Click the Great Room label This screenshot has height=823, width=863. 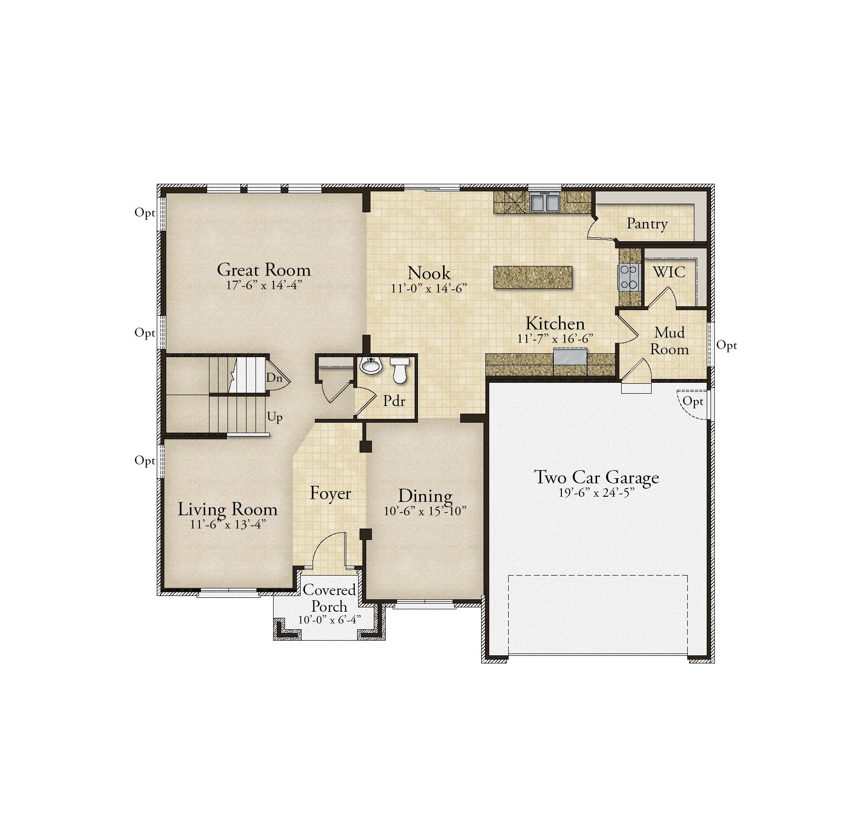pos(264,270)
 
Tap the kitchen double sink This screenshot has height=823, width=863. pos(544,202)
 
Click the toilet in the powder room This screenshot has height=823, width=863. pos(399,370)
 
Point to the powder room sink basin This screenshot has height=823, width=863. pos(370,366)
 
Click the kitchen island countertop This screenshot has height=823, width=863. pos(533,277)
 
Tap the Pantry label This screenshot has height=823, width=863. pos(647,223)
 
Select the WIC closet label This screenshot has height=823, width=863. pos(669,272)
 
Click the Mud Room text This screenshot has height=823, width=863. pos(669,341)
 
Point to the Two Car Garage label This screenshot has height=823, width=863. pos(597,477)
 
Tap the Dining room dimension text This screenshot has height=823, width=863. pos(425,511)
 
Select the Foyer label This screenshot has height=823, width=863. pos(330,493)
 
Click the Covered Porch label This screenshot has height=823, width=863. pos(329,598)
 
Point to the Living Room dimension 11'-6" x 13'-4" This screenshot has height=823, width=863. pos(228,525)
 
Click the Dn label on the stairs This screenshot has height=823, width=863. pos(274,378)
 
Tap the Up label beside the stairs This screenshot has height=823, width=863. pos(275,417)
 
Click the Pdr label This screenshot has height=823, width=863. pos(394,401)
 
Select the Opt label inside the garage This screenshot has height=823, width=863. pos(692,402)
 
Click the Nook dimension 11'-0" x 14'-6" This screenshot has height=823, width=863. pos(429,288)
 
